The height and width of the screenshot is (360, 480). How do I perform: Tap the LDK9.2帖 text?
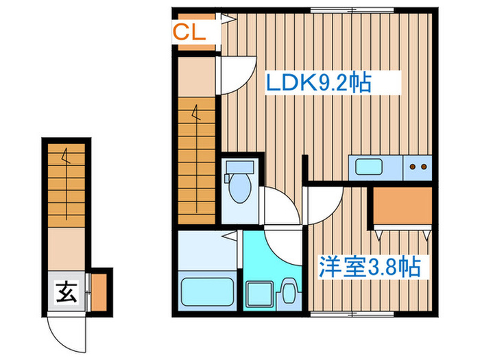318,84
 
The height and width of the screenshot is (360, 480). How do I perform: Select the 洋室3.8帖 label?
369,265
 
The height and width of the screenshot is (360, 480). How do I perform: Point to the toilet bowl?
239,189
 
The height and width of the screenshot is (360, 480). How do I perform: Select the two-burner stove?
418,166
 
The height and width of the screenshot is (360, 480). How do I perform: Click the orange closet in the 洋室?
402,206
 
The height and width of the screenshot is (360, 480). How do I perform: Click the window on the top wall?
335,10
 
